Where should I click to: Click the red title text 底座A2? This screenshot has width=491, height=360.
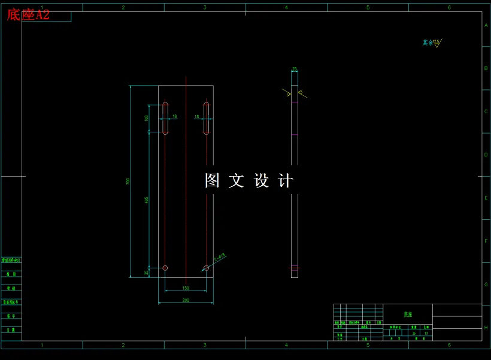coord(28,15)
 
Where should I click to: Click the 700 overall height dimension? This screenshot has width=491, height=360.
coord(128,181)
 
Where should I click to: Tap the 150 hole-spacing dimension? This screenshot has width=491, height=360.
coord(186,289)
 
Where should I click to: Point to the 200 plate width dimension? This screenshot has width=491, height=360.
coord(186,300)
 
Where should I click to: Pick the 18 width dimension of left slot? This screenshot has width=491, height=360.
coord(175,116)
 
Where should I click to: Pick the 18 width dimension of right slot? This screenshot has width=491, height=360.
coord(196,116)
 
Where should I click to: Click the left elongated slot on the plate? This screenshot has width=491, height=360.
coord(165,118)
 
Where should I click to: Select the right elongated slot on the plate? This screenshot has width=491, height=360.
coord(206,118)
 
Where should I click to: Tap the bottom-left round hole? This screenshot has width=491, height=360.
coord(165,268)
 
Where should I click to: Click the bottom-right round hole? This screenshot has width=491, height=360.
coord(206,268)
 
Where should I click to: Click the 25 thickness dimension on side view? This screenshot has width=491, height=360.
coord(294,69)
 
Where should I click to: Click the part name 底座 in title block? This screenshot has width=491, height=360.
coord(408,314)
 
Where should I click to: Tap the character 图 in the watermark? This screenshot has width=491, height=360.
coord(213,181)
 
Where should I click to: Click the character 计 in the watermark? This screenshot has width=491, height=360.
coord(286,181)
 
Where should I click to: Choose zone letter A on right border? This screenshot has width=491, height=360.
coord(486,26)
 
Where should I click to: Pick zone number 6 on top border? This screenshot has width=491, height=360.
coord(449,7)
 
